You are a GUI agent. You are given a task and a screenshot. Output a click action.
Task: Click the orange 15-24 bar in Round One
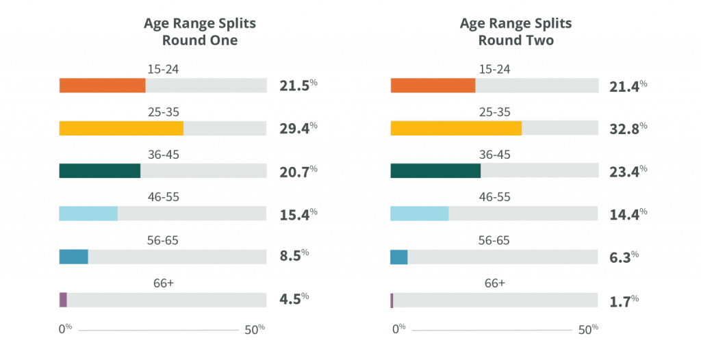click(102, 86)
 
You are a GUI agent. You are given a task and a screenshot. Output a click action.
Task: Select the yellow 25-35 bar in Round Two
click(456, 128)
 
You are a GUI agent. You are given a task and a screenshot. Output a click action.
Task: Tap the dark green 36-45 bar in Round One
click(99, 171)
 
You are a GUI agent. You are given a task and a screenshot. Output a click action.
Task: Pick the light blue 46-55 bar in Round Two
click(420, 214)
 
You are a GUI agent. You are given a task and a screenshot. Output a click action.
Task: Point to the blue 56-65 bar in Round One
click(73, 257)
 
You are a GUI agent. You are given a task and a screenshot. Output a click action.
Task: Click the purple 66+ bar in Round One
click(63, 300)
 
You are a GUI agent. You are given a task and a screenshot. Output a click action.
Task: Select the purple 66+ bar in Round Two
click(392, 300)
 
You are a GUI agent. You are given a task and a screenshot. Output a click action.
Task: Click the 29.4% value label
click(298, 128)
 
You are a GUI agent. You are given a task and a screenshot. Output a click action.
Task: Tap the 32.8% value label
click(628, 128)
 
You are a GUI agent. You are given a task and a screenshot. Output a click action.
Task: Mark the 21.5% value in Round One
click(298, 85)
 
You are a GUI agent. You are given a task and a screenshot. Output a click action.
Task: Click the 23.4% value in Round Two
click(628, 170)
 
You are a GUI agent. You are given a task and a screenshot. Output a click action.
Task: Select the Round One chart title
click(200, 31)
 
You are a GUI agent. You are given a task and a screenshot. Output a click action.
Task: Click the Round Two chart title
click(515, 31)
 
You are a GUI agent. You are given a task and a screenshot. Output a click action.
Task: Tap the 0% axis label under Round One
click(65, 329)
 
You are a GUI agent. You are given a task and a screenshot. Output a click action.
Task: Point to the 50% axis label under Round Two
click(588, 329)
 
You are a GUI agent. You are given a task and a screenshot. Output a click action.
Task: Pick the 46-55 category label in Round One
click(163, 197)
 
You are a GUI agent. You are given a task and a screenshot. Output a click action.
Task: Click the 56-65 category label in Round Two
click(492, 240)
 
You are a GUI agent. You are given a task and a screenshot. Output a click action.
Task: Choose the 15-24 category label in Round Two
click(494, 69)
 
